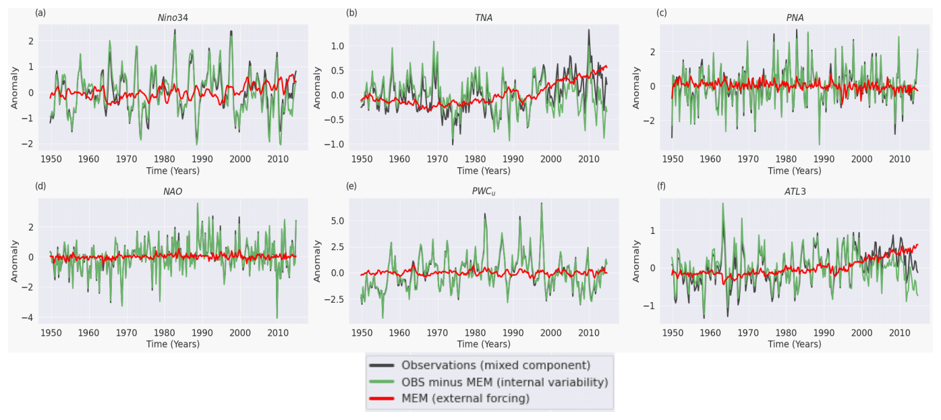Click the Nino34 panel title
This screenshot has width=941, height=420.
click(x=172, y=18)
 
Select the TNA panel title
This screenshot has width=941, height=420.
click(x=484, y=18)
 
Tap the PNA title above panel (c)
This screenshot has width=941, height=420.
click(x=795, y=18)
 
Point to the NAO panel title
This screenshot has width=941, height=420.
click(x=172, y=191)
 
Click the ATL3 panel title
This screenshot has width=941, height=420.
click(x=795, y=191)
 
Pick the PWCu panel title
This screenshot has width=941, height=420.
click(x=484, y=191)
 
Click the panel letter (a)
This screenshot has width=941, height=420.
click(x=40, y=12)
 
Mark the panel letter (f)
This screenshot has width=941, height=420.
click(x=662, y=186)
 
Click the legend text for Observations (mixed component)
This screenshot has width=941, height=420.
click(x=496, y=365)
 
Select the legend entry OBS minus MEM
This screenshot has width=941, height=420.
click(x=505, y=382)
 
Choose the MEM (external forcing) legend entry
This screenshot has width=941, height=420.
click(x=465, y=398)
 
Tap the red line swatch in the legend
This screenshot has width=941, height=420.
click(x=382, y=398)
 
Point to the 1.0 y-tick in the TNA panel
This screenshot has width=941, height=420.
click(x=337, y=46)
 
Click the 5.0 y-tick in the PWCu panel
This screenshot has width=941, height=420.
click(x=337, y=220)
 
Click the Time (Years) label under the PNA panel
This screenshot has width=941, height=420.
click(x=795, y=171)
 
